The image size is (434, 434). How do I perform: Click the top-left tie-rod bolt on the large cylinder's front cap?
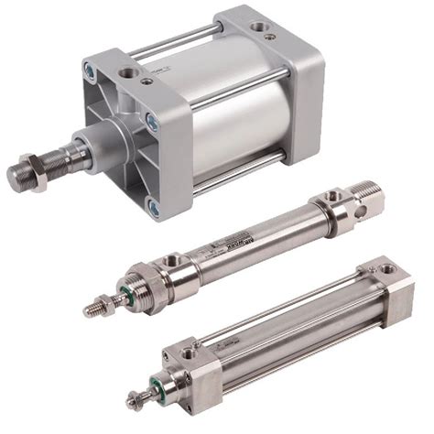click(91, 70)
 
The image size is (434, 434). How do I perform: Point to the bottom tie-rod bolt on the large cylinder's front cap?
click(154, 209)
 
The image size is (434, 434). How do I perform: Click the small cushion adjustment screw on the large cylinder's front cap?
click(147, 81)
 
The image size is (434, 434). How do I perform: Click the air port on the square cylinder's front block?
click(190, 353)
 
